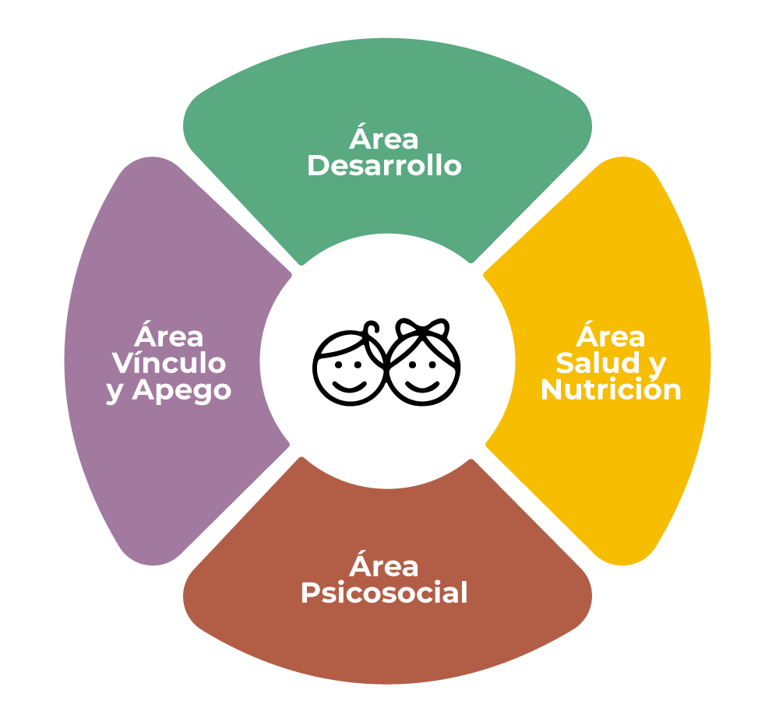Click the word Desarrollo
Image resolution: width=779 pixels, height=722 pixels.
(x=385, y=165)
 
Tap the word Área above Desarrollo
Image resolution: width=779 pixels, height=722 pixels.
(x=383, y=138)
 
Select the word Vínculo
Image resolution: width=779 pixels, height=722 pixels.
(x=169, y=362)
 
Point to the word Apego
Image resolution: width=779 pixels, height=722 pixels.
(x=182, y=391)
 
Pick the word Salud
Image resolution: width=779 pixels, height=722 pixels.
(x=597, y=362)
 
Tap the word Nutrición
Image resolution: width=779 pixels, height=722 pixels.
(x=611, y=389)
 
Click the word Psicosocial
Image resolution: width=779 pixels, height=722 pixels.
(x=384, y=593)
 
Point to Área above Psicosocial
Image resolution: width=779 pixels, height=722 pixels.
(x=383, y=565)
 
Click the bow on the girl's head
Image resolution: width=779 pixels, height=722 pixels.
(x=422, y=328)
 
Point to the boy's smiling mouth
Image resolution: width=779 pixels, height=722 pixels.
(x=349, y=386)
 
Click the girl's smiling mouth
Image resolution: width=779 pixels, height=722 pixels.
(x=422, y=386)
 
